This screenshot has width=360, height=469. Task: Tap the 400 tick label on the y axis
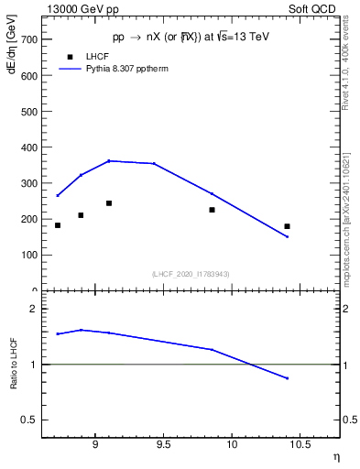pyautogui.click(x=28, y=147)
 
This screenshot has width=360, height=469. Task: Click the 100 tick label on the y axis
pyautogui.click(x=28, y=255)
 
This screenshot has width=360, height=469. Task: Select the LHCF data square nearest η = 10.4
pyautogui.click(x=287, y=226)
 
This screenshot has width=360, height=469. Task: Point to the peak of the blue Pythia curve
pyautogui.click(x=109, y=160)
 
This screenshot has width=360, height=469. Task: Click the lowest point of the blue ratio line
pyautogui.click(x=287, y=378)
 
